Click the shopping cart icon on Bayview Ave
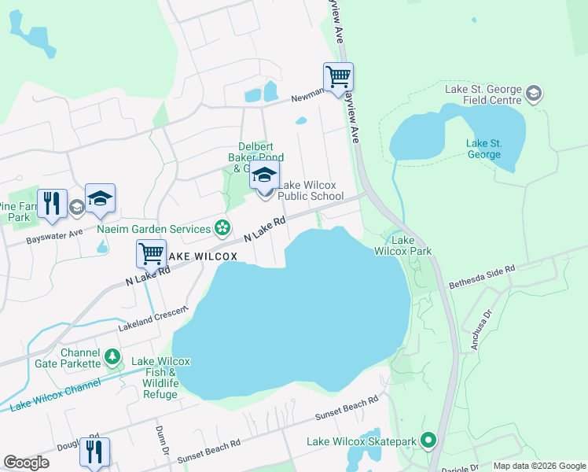click(x=338, y=78)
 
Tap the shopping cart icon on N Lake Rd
click(x=151, y=254)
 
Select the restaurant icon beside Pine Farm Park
click(x=51, y=202)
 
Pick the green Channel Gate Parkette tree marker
click(x=113, y=358)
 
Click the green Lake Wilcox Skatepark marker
click(x=428, y=441)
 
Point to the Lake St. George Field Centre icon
click(x=534, y=95)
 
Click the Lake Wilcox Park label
click(x=402, y=245)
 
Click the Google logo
click(x=27, y=463)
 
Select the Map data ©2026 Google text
click(x=538, y=466)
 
